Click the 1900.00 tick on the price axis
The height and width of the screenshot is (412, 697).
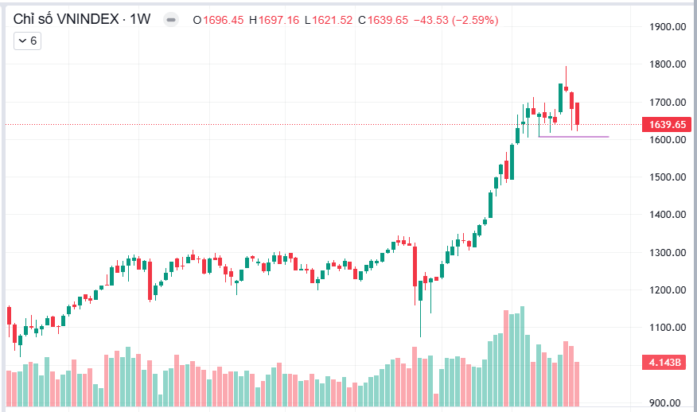tap(668, 27)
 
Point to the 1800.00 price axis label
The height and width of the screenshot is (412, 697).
tap(668, 64)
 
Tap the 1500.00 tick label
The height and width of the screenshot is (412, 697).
tap(668, 177)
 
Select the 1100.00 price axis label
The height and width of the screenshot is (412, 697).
tap(668, 328)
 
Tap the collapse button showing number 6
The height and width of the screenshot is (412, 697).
tap(27, 41)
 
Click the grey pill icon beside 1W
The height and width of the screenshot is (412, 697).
tap(170, 20)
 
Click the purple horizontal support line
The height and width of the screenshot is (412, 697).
tap(573, 137)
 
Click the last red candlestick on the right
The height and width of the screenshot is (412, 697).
tap(578, 114)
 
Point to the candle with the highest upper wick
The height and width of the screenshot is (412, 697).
tap(566, 87)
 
